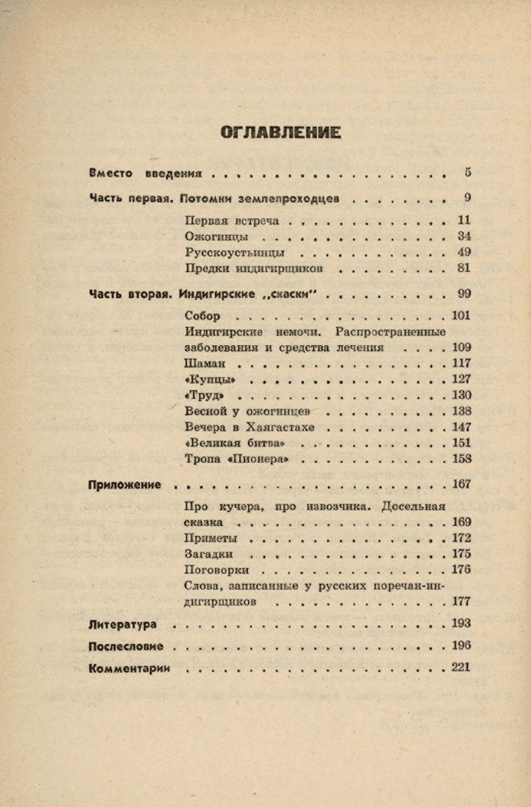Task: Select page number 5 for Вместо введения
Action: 467,173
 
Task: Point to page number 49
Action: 464,252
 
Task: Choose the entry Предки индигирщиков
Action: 254,268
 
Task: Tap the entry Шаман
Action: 204,363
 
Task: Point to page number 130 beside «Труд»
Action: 461,395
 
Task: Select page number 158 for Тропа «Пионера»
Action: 461,459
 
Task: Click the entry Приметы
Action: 210,538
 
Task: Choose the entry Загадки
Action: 208,554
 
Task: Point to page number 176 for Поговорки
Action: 461,570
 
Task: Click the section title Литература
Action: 122,624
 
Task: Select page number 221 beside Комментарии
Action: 461,668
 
